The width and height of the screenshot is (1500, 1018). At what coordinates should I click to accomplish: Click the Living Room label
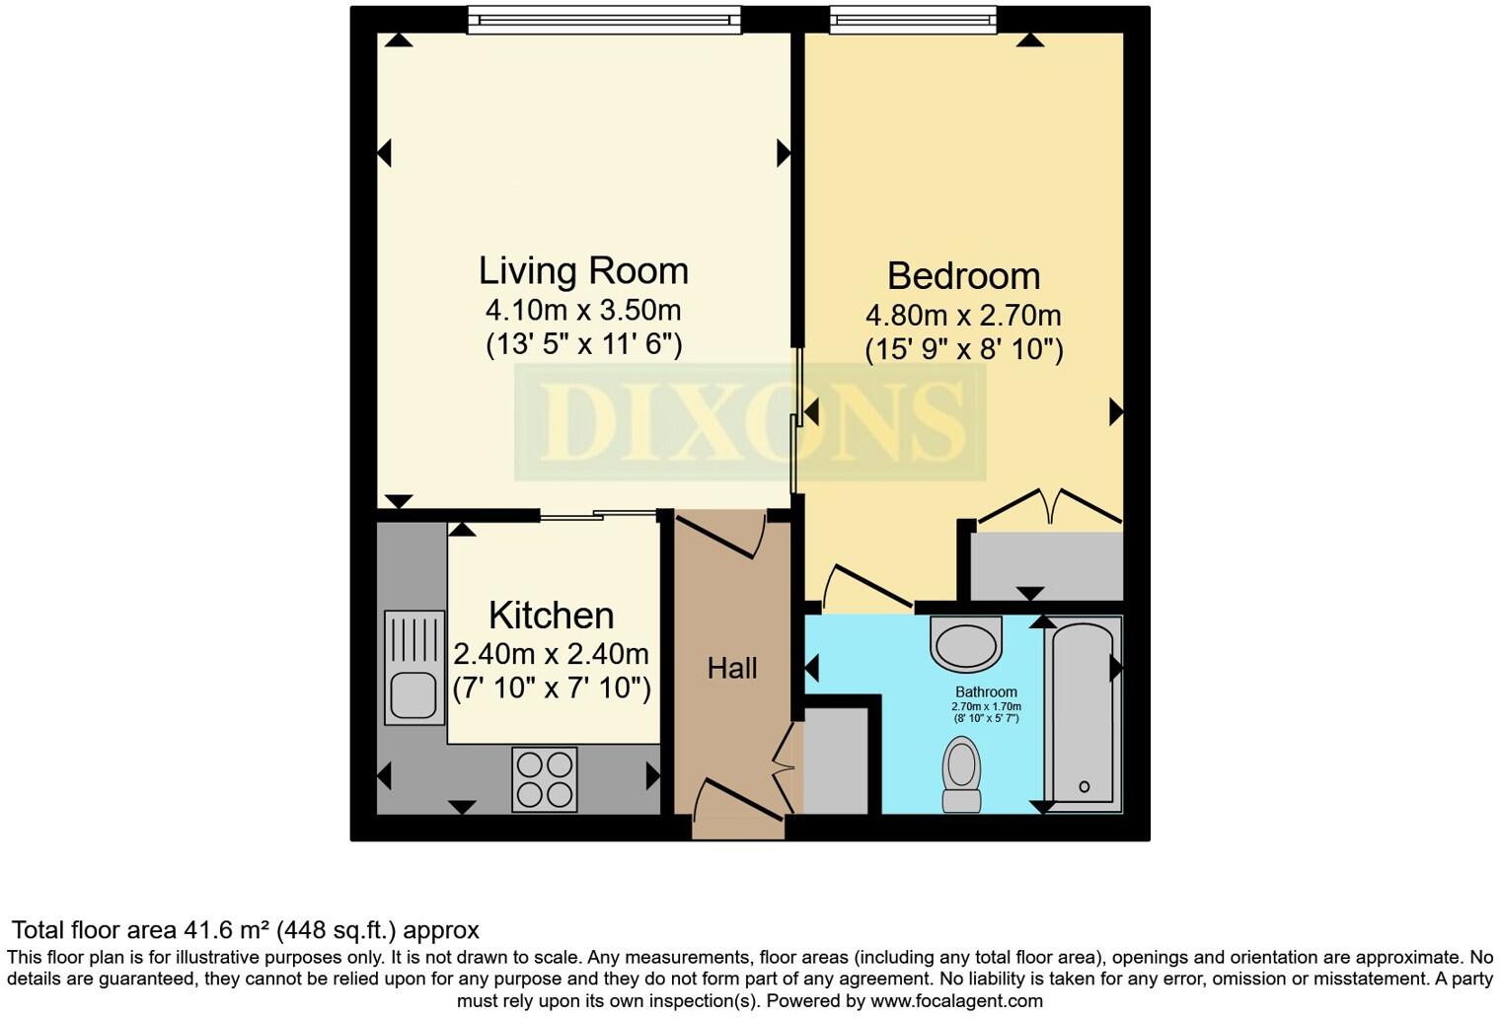(x=583, y=270)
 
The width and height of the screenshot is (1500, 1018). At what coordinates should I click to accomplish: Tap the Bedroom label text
(x=963, y=275)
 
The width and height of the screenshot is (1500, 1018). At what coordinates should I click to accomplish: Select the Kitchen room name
(x=551, y=616)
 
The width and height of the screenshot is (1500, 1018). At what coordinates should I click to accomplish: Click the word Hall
(x=732, y=669)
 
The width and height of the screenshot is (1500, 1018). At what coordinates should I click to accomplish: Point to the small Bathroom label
(x=985, y=692)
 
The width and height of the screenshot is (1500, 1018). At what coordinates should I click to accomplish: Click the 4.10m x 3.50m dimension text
(x=583, y=310)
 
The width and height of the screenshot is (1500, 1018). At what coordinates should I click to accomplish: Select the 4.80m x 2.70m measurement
(x=963, y=316)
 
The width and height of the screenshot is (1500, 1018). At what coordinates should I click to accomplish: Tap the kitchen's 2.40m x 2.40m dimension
(x=551, y=654)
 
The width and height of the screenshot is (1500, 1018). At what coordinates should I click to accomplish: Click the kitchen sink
(x=414, y=668)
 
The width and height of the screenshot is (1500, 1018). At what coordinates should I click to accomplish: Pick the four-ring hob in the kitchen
(x=545, y=779)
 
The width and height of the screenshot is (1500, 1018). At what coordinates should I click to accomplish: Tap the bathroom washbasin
(x=966, y=643)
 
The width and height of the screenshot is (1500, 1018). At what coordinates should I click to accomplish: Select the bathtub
(x=1083, y=713)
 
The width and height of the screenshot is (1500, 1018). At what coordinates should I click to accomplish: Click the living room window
(x=603, y=20)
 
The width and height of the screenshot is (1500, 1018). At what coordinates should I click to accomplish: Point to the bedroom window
(x=913, y=20)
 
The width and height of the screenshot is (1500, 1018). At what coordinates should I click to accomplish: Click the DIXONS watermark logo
(x=750, y=422)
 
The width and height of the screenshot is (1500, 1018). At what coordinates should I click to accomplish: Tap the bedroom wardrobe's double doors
(x=1050, y=507)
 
